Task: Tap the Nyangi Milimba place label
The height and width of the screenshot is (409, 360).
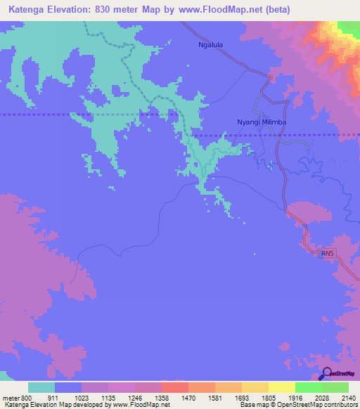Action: coord(262,122)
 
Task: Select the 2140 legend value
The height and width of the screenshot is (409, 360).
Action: coord(349,398)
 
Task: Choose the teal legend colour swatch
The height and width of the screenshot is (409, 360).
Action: coord(41,387)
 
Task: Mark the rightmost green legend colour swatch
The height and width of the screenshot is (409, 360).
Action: coord(335,387)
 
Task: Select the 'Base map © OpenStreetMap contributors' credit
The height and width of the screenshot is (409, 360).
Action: coord(297,405)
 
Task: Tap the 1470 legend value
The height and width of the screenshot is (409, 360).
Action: coord(188,398)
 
